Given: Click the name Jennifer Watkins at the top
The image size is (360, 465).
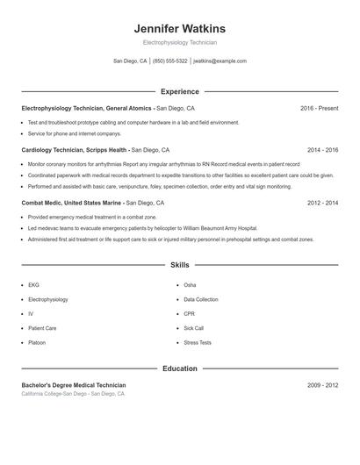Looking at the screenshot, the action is coord(180,29).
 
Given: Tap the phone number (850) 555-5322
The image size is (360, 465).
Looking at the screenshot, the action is coord(170,61).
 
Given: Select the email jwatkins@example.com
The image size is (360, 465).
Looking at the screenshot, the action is coord(220,61).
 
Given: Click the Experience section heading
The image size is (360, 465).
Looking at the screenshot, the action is coord(180,91).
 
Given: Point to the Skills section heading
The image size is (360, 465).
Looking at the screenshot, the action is coord(180,264).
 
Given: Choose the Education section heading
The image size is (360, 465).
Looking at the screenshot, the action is coord(180,368).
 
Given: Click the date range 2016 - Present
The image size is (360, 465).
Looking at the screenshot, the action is coord(319,108).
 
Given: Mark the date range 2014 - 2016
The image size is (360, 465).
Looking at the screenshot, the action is coord(322,150).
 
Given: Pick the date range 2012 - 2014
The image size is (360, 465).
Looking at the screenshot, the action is coord(322,203).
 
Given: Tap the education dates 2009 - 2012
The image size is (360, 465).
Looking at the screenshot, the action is coord(322,385).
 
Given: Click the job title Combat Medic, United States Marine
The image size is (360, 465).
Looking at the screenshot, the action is coord(71,203).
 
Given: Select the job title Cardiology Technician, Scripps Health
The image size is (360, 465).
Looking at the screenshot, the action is coord(75,150).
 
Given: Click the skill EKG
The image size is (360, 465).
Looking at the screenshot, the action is coord(33,285).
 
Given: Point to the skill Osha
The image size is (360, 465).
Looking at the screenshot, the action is coord(190,285).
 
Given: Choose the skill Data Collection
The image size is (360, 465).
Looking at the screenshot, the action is coord(201,299).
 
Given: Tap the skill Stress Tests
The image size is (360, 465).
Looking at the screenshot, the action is coord(198,342).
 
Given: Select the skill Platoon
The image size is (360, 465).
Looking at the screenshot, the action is coord(37,342).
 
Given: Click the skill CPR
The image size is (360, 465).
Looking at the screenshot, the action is coord(190,313).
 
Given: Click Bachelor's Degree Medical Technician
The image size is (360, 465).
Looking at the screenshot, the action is coord(74,385).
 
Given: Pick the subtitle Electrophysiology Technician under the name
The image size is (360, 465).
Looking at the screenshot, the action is coord(180,42).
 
